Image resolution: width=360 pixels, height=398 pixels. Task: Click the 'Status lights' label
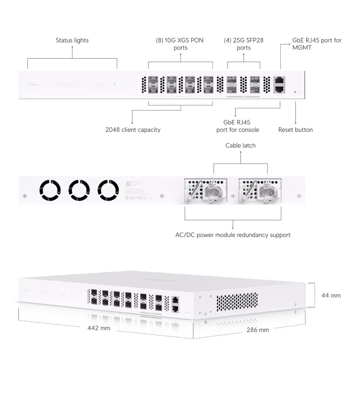coord(72,40)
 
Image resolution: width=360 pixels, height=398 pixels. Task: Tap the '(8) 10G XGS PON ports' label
coord(180,44)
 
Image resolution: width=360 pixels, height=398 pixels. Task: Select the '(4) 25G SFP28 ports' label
coord(243,44)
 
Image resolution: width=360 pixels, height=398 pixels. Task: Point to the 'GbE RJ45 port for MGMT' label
coord(317,44)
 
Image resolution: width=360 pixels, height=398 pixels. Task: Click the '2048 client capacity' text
coord(133,130)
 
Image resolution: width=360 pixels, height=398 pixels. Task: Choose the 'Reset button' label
coord(295,130)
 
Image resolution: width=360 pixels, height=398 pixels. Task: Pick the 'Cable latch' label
coord(240,146)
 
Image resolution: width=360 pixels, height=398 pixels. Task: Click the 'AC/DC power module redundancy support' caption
coord(233,235)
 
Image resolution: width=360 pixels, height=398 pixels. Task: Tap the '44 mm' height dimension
coord(331,295)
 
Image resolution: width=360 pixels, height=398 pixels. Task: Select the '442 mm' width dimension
coord(99,328)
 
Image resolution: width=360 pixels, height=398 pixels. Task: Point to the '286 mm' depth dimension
coord(258,330)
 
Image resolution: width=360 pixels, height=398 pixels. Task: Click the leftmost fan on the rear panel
coord(50,190)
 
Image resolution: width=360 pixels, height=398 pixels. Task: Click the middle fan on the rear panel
coord(79,190)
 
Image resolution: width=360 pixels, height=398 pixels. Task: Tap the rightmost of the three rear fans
coord(108,190)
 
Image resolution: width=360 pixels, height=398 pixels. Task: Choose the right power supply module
coord(260,190)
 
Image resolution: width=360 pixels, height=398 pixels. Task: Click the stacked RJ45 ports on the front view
coord(279,85)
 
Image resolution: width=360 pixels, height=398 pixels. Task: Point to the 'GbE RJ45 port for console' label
coord(238,126)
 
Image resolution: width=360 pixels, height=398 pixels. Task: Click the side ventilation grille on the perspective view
coord(237,302)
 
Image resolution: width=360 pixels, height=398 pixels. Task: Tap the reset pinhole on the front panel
coord(295,92)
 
